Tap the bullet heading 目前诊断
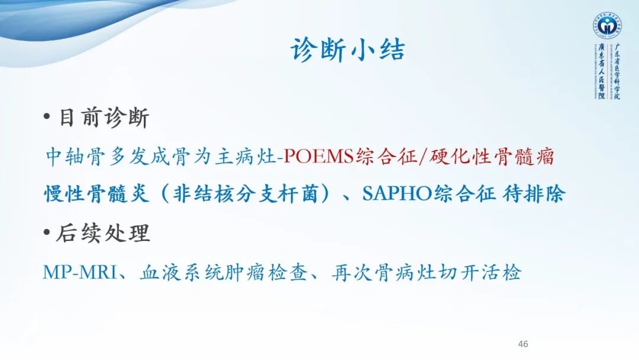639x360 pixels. (104, 118)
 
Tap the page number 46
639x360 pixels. (522, 344)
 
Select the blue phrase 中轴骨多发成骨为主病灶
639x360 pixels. (160, 156)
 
